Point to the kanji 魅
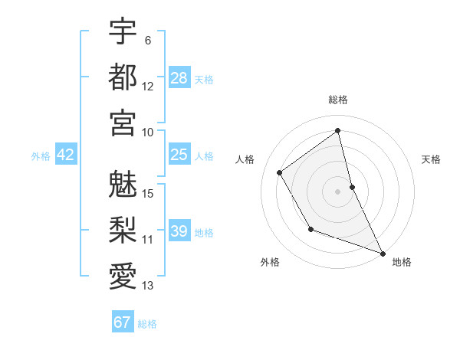click(x=123, y=184)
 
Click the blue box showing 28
click(x=179, y=77)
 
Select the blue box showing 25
click(x=179, y=155)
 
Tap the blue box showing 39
click(x=179, y=231)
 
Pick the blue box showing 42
click(x=66, y=155)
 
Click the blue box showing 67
click(x=123, y=322)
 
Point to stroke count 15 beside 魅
click(x=148, y=193)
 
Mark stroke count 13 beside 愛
click(x=148, y=286)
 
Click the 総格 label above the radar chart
click(x=338, y=100)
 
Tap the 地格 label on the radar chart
click(x=402, y=262)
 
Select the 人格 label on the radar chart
click(x=245, y=159)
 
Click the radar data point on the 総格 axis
click(x=338, y=130)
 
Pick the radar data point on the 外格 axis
click(x=310, y=229)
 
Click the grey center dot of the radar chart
click(x=338, y=191)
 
